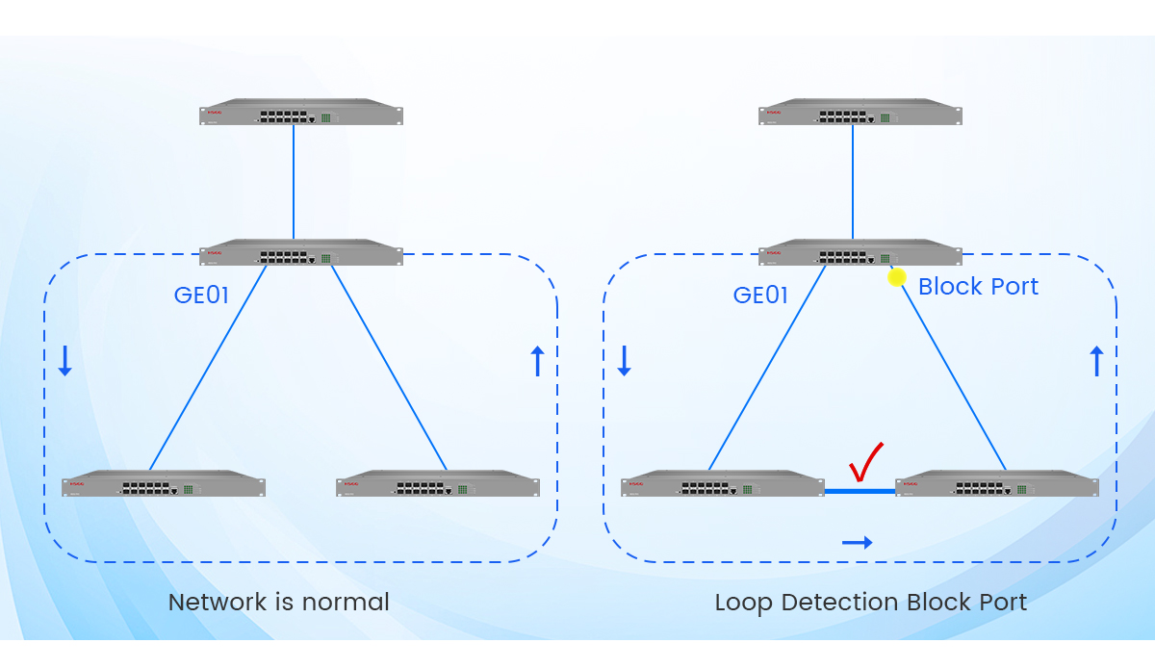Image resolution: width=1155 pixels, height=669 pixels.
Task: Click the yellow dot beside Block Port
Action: pyautogui.click(x=896, y=277)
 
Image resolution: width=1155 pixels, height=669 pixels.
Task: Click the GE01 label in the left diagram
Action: pyautogui.click(x=201, y=296)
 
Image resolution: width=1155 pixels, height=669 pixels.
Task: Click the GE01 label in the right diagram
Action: pyautogui.click(x=760, y=296)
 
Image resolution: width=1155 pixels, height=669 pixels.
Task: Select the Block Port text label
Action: pyautogui.click(x=978, y=287)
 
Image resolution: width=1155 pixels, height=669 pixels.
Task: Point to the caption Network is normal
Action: pyautogui.click(x=279, y=603)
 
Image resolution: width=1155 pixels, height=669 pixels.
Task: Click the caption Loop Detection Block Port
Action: pyautogui.click(x=870, y=603)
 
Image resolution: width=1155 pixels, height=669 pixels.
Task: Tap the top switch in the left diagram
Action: pyautogui.click(x=301, y=113)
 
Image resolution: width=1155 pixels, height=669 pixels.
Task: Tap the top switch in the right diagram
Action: pyautogui.click(x=860, y=113)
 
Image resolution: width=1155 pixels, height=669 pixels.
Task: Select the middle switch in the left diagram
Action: pyautogui.click(x=301, y=253)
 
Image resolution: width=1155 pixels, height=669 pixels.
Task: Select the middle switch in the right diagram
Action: pyautogui.click(x=860, y=253)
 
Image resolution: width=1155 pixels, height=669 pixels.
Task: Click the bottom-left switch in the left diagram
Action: pyautogui.click(x=164, y=484)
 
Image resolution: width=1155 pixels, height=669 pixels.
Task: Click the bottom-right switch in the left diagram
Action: pyautogui.click(x=438, y=484)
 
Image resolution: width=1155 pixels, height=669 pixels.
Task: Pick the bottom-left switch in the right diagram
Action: pyautogui.click(x=722, y=484)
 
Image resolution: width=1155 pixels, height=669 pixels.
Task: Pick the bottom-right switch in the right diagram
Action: pyautogui.click(x=996, y=484)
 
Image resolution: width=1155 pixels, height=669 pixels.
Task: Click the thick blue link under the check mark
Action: pyautogui.click(x=860, y=491)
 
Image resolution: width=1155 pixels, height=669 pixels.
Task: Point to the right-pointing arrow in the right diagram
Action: pyautogui.click(x=857, y=543)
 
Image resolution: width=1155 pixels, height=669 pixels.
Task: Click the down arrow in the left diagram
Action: pyautogui.click(x=64, y=360)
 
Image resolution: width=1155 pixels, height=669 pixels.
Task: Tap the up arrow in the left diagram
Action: pyautogui.click(x=537, y=361)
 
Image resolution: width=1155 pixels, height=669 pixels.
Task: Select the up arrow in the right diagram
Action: pyautogui.click(x=1095, y=361)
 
